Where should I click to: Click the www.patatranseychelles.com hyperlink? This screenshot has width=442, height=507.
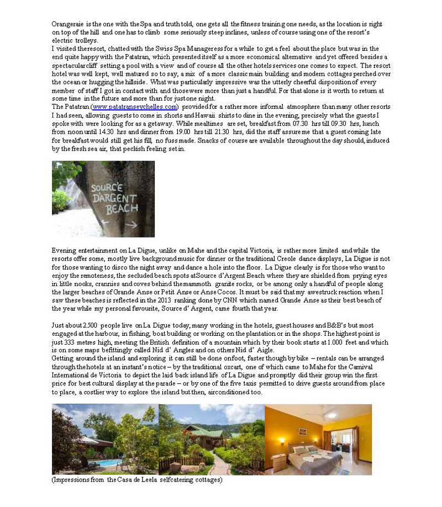pyautogui.click(x=134, y=107)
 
